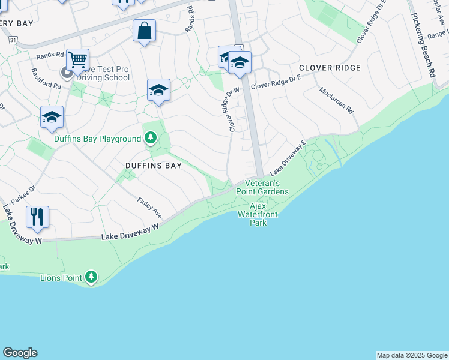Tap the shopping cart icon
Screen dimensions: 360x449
pyautogui.click(x=77, y=59)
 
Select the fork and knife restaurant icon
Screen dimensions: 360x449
pyautogui.click(x=37, y=217)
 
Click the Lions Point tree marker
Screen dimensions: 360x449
pyautogui.click(x=91, y=277)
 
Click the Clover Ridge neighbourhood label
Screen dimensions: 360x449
pyautogui.click(x=330, y=68)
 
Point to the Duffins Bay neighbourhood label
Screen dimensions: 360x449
pyautogui.click(x=153, y=166)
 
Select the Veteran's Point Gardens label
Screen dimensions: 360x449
pyautogui.click(x=266, y=187)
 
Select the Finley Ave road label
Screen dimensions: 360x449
pyautogui.click(x=149, y=208)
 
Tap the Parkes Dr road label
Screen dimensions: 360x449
pyautogui.click(x=24, y=193)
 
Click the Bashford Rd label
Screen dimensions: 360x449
pyautogui.click(x=46, y=78)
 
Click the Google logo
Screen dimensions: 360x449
pyautogui.click(x=20, y=353)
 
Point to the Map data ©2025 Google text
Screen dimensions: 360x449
pyautogui.click(x=411, y=355)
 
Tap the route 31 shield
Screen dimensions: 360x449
pyautogui.click(x=13, y=39)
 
